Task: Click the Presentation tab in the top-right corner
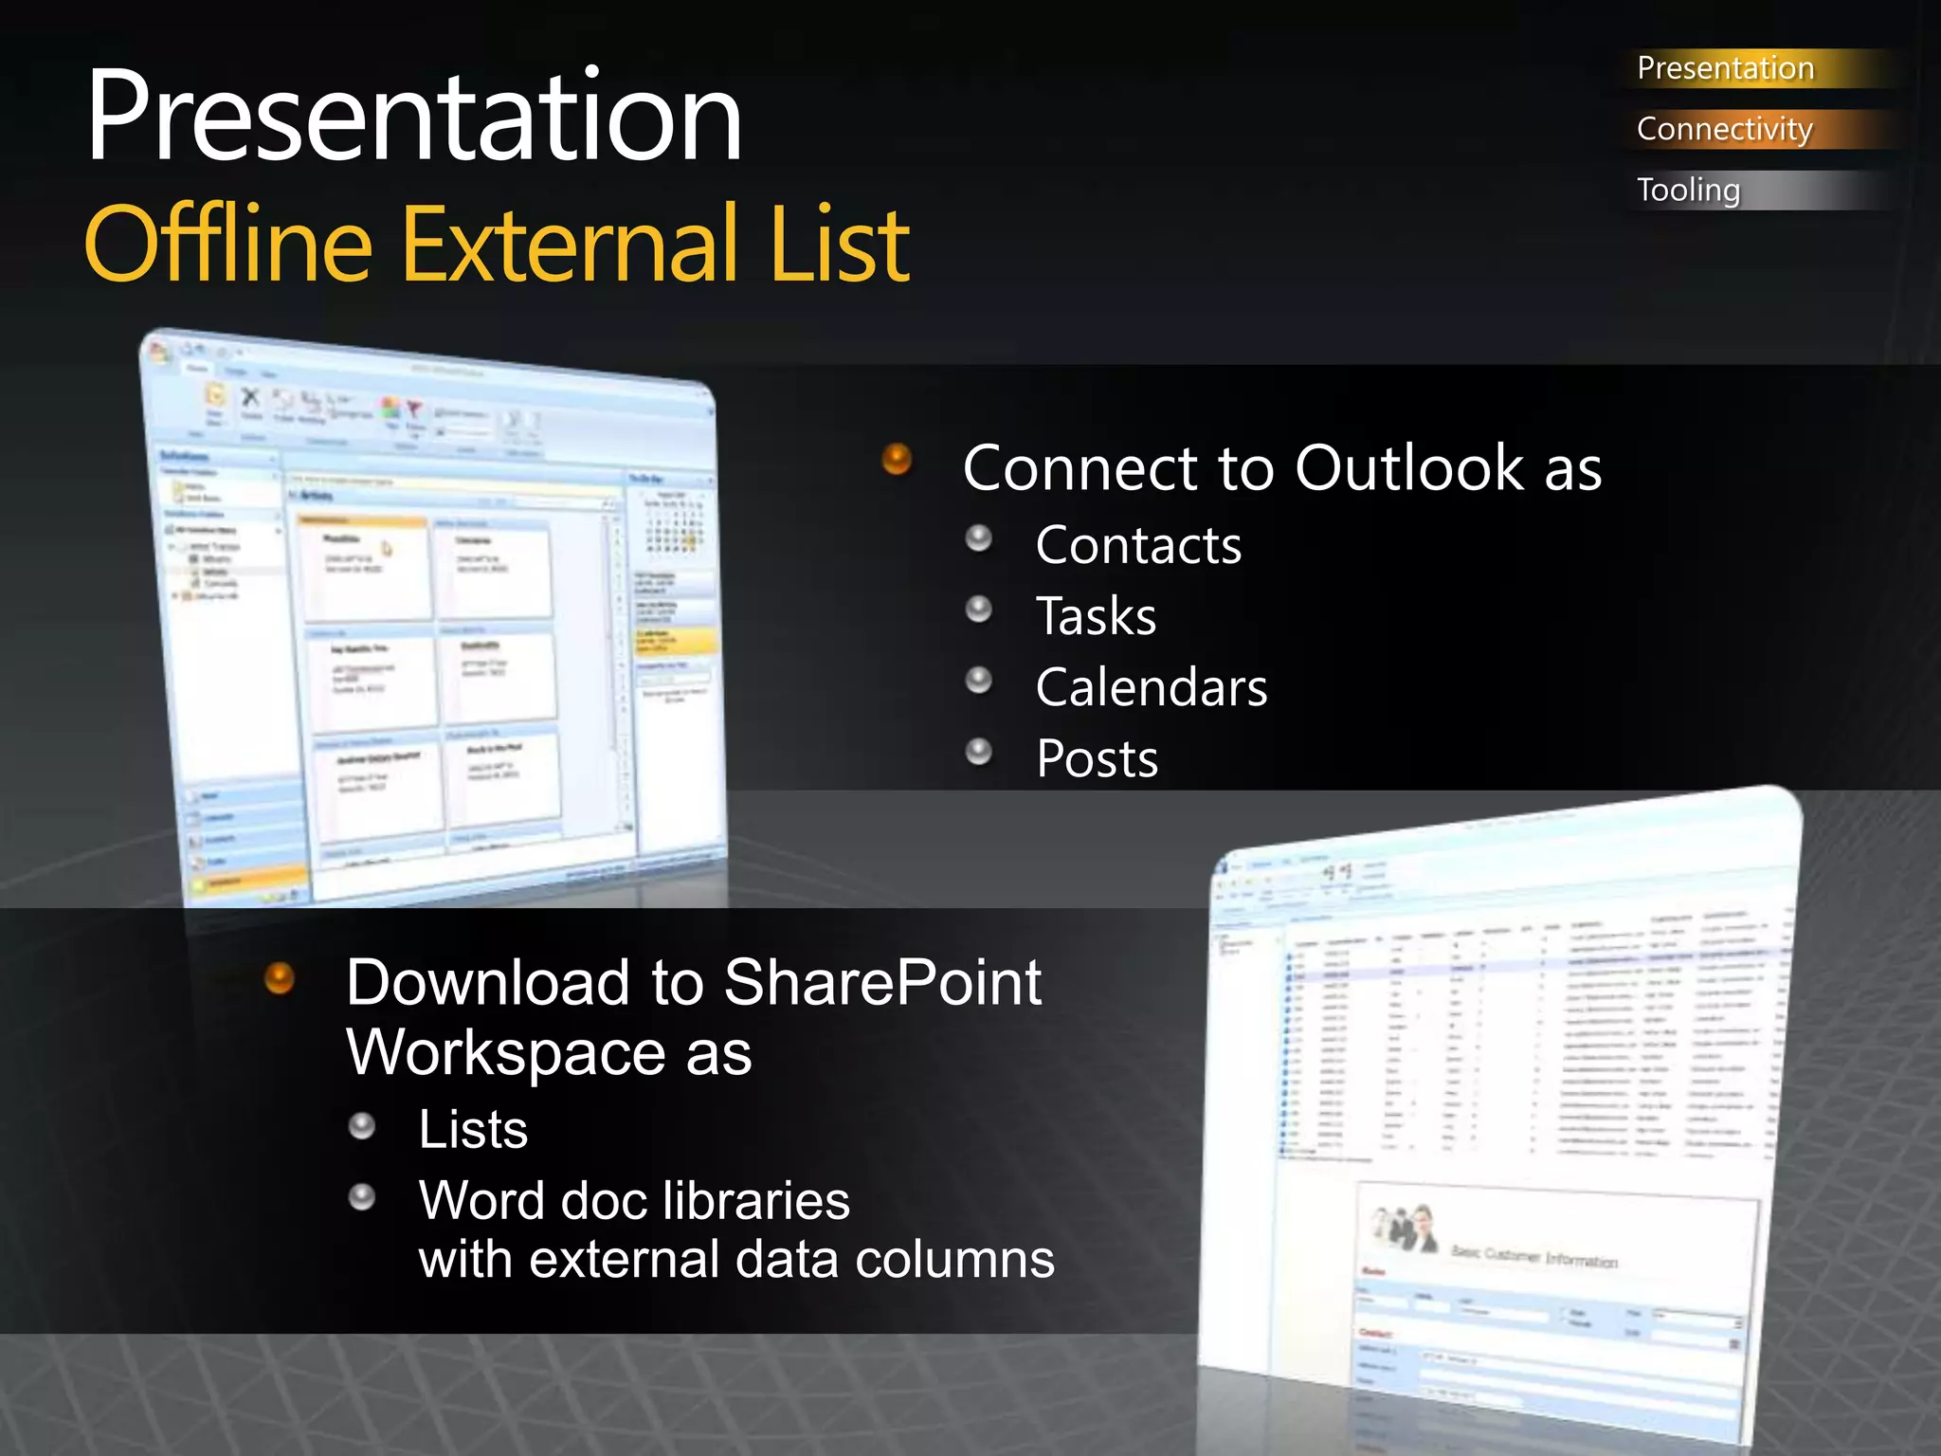pos(1725,68)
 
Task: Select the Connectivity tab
pos(1724,129)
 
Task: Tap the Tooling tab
pos(1688,190)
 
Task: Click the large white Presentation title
pos(414,118)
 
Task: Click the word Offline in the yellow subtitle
pos(228,245)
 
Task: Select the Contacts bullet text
pos(1138,545)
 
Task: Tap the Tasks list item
pos(1096,616)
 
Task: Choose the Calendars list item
pos(1152,687)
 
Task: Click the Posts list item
pos(1097,758)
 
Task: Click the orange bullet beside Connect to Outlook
pos(897,460)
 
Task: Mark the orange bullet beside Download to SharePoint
pos(280,977)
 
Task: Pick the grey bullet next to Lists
pos(362,1126)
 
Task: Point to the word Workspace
pos(493,1053)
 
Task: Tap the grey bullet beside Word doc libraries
pos(362,1197)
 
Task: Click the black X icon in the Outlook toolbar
pos(250,396)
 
